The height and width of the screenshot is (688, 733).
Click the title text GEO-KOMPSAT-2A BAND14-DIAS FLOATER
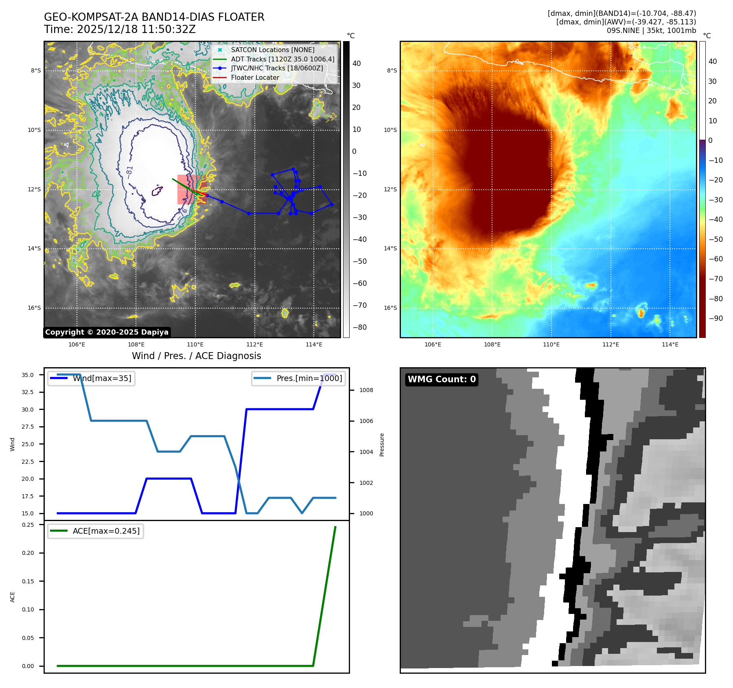coord(154,17)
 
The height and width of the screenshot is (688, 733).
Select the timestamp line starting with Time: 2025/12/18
coord(120,29)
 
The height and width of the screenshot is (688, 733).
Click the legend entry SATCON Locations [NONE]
coord(272,50)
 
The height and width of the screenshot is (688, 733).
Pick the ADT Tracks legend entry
coord(282,59)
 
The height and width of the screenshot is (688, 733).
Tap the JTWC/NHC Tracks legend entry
coord(277,68)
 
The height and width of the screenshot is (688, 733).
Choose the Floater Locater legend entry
coord(255,77)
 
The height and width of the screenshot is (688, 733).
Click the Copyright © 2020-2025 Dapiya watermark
coord(107,332)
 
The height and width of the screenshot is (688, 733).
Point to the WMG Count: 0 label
coord(442,379)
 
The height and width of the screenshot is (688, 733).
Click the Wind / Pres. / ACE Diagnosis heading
coord(196,356)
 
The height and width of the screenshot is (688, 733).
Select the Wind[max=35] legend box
coord(91,379)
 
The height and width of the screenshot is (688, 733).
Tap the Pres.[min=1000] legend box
coord(298,379)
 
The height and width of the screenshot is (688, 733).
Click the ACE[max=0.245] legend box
coord(96,531)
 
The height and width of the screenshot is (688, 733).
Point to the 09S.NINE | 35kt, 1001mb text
coord(651,31)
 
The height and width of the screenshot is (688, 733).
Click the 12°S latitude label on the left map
coord(34,189)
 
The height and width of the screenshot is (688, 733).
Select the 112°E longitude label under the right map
coord(610,344)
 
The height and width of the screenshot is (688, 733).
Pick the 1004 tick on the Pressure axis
coord(366,452)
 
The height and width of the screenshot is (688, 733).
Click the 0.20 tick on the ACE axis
coord(28,553)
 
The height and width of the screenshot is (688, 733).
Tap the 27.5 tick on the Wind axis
coord(28,427)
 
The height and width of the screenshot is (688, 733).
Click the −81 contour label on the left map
coord(129,172)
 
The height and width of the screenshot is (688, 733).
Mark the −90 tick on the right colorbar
coord(715,318)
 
